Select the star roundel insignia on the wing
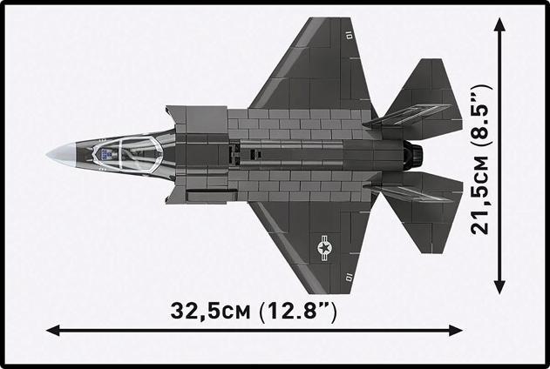[324, 250]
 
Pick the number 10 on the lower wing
[349, 278]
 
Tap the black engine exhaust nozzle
[416, 156]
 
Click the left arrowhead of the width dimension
[52, 330]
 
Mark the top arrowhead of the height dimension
[500, 25]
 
